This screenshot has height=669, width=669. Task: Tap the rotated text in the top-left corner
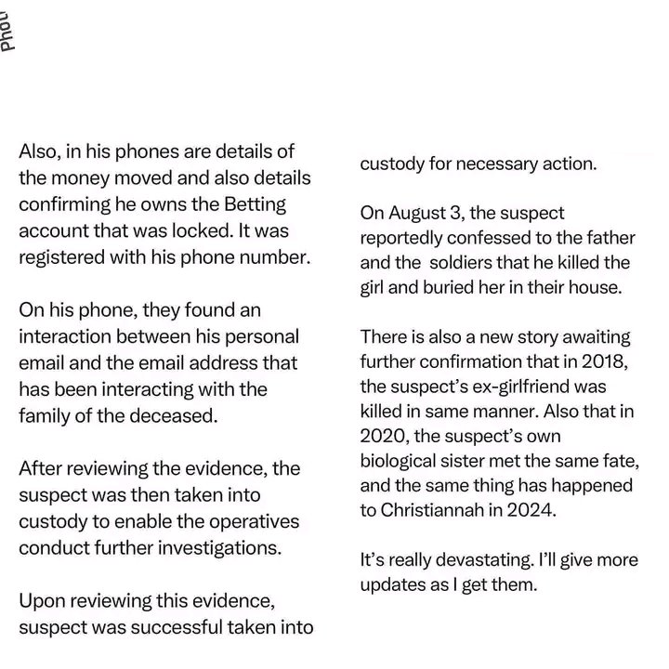pos(7,28)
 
